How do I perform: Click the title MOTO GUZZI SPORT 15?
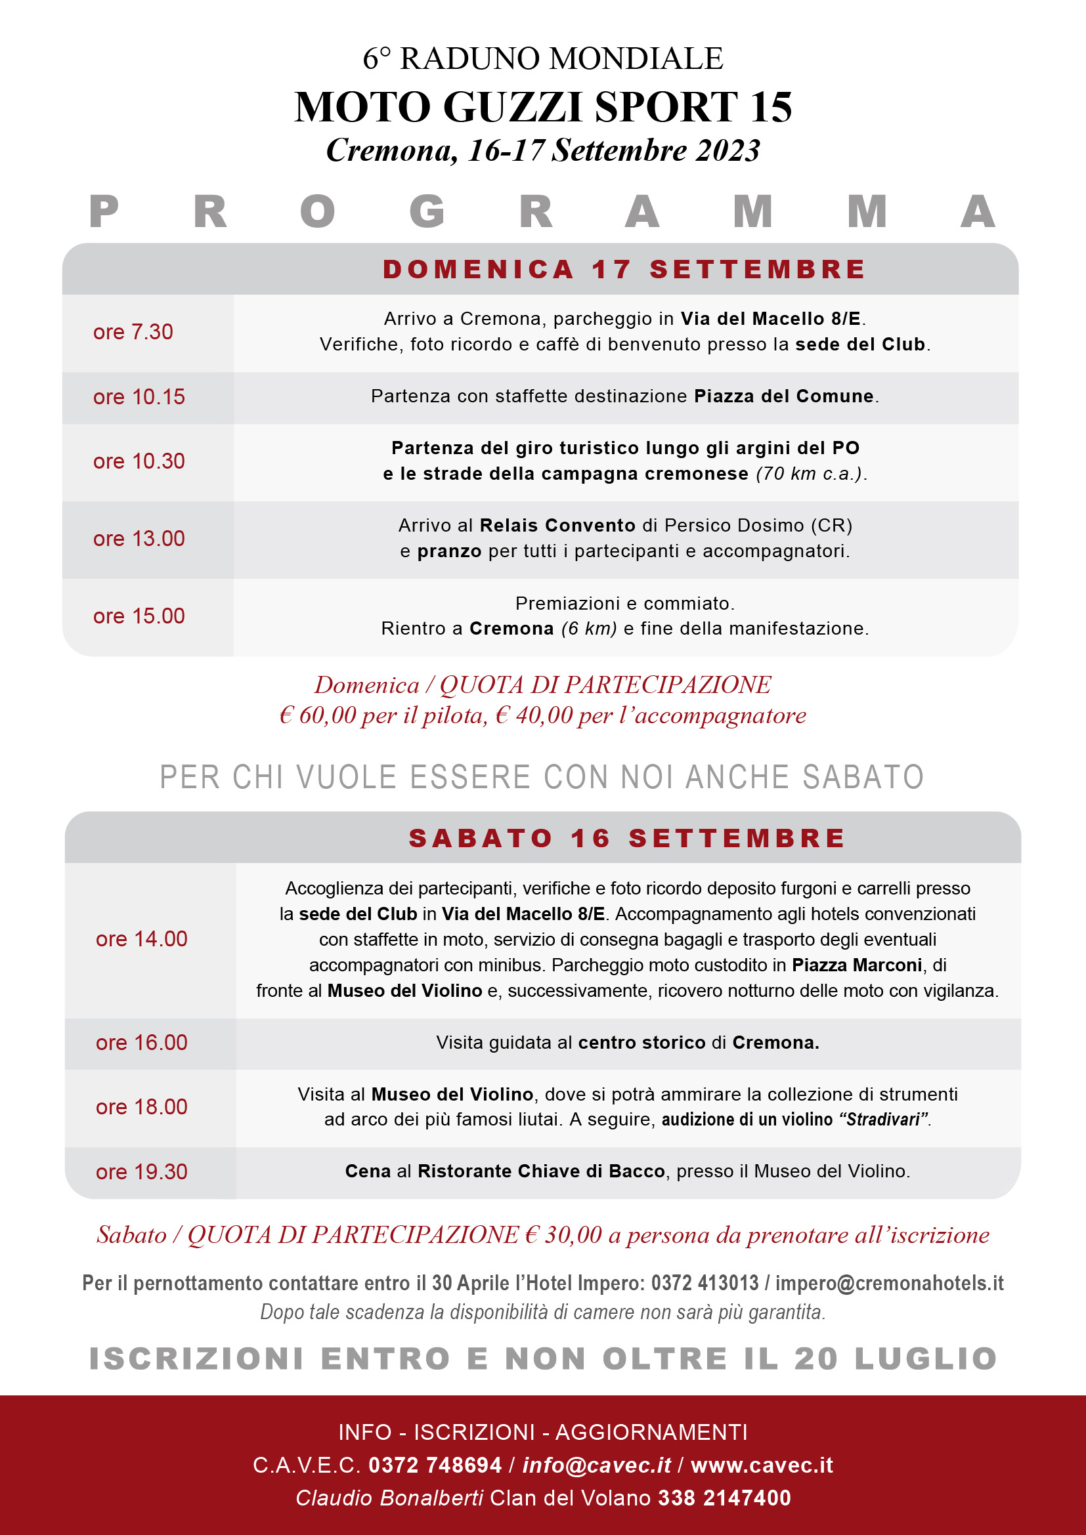click(543, 107)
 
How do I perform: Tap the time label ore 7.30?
click(133, 332)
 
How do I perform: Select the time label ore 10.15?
click(139, 397)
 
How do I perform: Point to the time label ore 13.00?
click(139, 539)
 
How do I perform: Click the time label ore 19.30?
click(142, 1172)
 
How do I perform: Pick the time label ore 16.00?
click(142, 1043)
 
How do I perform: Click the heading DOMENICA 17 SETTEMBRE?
click(624, 270)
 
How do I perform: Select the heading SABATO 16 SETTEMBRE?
click(627, 838)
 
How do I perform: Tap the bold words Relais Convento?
click(557, 526)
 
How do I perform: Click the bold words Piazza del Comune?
click(784, 396)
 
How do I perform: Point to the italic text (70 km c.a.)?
click(810, 474)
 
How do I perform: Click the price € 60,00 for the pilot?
click(318, 716)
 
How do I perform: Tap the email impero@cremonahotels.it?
click(890, 1284)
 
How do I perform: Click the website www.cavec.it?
click(762, 1465)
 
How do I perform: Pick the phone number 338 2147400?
click(724, 1498)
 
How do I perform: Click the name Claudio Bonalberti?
click(389, 1498)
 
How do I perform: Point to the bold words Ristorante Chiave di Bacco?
click(541, 1171)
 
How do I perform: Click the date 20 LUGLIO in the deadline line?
click(896, 1359)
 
